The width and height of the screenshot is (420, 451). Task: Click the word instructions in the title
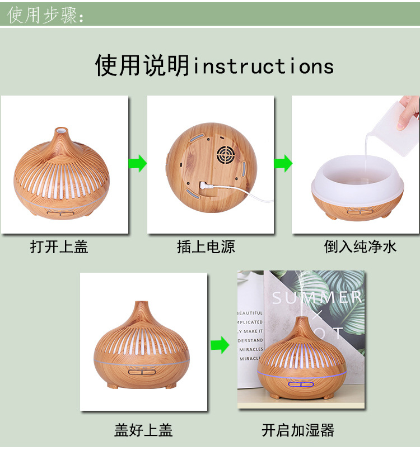(x=263, y=67)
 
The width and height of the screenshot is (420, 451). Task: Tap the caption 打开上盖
(x=59, y=246)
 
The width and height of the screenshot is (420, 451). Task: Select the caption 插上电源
(x=206, y=246)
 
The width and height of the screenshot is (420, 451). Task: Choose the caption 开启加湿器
(x=298, y=430)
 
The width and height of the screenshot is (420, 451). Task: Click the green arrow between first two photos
(x=138, y=164)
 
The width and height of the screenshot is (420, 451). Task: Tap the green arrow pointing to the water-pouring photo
(x=283, y=164)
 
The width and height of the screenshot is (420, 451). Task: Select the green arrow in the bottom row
(x=220, y=345)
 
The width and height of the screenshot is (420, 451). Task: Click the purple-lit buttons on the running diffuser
(x=301, y=385)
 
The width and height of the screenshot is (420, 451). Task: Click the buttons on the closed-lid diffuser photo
(x=143, y=372)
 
